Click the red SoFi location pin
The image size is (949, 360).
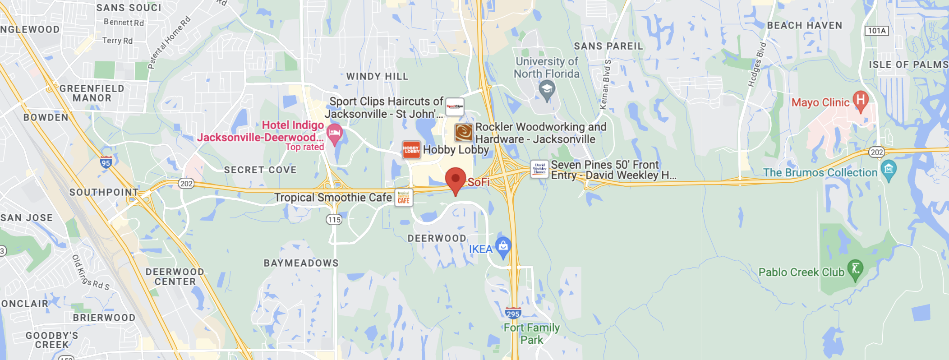click(456, 180)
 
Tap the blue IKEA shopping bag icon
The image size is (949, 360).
click(503, 246)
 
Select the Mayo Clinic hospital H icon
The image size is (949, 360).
click(861, 100)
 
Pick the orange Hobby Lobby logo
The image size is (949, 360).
click(411, 149)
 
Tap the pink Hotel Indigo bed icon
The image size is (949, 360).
click(334, 134)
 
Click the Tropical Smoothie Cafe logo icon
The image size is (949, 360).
click(404, 198)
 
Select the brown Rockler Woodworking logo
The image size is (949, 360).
click(464, 133)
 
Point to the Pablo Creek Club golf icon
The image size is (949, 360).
click(855, 269)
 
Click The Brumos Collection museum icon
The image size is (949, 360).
click(888, 170)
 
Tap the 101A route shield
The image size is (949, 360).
click(876, 31)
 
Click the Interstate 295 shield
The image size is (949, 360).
click(513, 313)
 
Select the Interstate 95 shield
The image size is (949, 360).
click(106, 162)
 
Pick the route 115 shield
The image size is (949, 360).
click(334, 220)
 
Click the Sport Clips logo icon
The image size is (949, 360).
click(455, 107)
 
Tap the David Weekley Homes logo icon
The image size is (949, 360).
click(539, 169)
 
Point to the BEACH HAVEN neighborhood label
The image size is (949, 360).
click(804, 26)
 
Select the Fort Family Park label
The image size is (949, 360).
click(532, 333)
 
